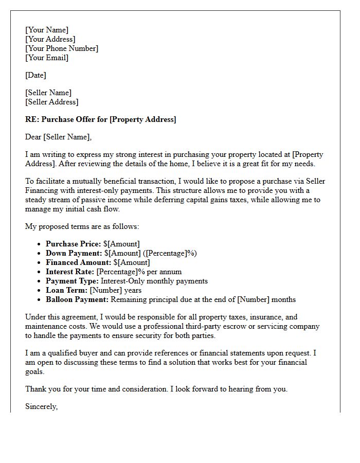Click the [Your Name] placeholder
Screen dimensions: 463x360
click(x=47, y=30)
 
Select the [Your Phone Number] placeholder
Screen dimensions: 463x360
click(x=62, y=48)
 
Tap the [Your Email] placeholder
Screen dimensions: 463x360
click(x=47, y=58)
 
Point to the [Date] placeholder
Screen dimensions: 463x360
click(x=35, y=75)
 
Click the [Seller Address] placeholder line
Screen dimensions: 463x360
click(x=52, y=102)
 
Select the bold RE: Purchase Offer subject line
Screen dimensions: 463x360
click(x=101, y=119)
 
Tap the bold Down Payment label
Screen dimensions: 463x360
click(x=74, y=253)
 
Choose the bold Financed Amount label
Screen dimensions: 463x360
click(x=78, y=262)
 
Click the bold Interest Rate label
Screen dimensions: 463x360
click(x=70, y=272)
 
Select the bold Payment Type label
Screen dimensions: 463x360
click(x=72, y=281)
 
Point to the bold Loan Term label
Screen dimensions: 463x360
click(x=66, y=290)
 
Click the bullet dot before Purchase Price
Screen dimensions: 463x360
click(x=40, y=244)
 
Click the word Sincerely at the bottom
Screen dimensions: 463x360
click(x=42, y=406)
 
